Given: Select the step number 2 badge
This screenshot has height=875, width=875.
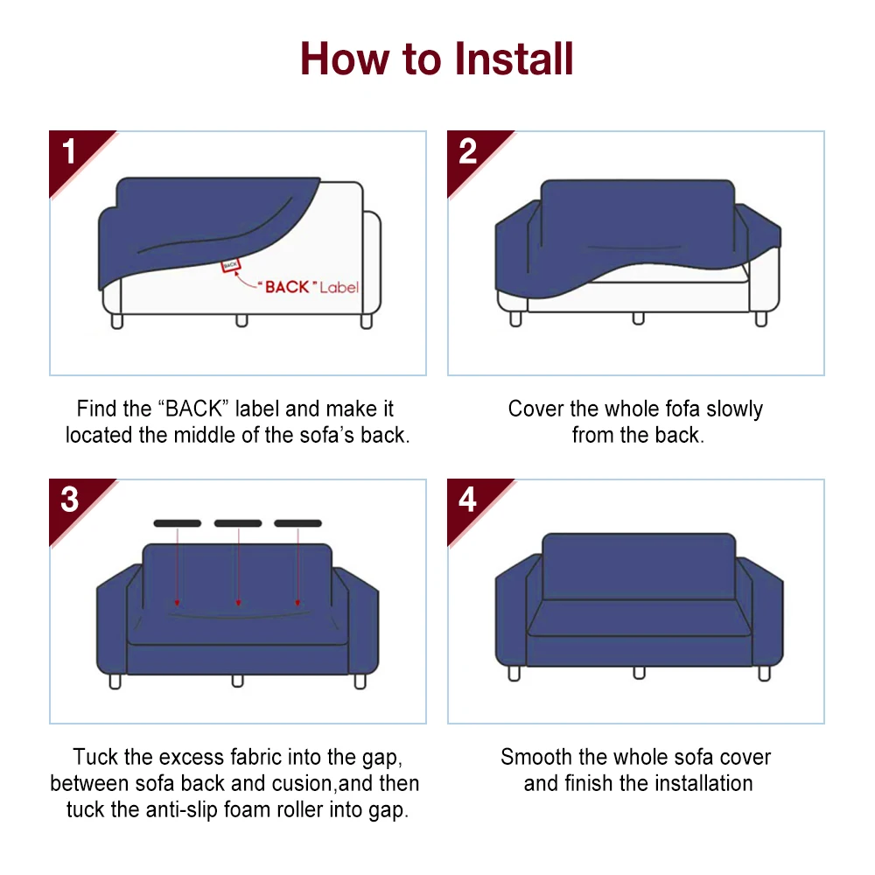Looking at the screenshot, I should pos(468,152).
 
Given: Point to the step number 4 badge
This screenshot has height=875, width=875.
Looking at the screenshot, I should pos(468,500).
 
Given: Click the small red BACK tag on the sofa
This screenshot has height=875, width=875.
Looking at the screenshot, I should pos(230,264).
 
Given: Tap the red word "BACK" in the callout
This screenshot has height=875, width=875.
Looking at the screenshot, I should pos(288,287).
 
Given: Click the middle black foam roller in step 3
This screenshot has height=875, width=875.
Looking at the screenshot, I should pos(238,523).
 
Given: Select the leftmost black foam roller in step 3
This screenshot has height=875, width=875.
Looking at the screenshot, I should pos(178,523).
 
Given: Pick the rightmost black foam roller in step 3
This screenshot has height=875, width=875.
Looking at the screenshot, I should pos(298,523).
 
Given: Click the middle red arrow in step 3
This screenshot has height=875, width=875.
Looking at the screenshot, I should pos(238,569).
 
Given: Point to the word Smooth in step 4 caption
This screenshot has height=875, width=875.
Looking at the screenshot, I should pos(535,757).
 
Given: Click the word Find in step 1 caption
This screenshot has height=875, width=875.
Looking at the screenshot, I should pos(96,409).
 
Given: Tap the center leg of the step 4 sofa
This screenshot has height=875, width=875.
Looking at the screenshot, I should pos(639,672).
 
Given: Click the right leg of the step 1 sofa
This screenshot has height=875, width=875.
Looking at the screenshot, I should pos(367,321).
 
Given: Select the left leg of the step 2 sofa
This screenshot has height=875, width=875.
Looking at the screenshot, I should pos(515,318).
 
